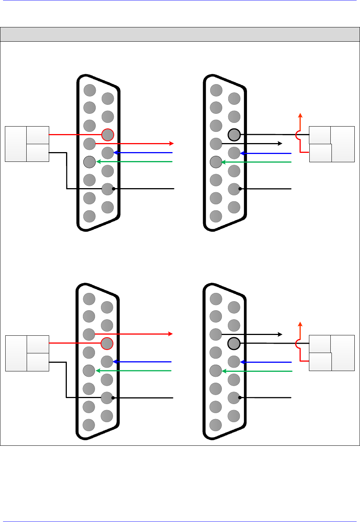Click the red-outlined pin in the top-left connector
click(108, 134)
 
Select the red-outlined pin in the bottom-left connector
click(107, 343)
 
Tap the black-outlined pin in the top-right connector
click(234, 134)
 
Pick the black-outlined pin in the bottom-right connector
click(234, 343)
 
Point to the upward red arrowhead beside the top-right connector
click(300, 115)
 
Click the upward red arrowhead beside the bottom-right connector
click(300, 324)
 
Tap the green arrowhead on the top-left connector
click(98, 161)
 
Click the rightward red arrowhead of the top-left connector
click(172, 143)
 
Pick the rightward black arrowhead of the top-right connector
click(280, 143)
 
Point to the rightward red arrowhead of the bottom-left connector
click(170, 333)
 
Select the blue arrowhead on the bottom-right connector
click(243, 362)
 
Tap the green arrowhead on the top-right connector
click(224, 162)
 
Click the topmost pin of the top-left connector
click(90, 90)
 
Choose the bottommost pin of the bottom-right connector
click(215, 425)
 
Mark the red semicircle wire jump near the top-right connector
click(297, 135)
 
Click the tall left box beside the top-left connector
click(16, 144)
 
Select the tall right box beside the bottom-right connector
click(343, 353)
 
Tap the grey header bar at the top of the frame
click(180, 34)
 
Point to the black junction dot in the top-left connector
click(113, 189)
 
